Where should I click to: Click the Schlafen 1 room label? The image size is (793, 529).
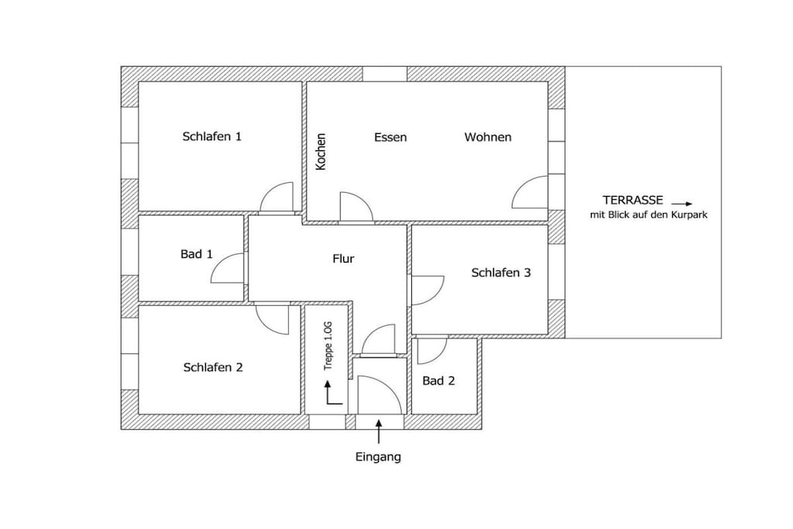(x=212, y=136)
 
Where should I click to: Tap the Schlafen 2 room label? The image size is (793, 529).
(x=213, y=367)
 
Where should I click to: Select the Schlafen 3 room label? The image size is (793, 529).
(x=501, y=273)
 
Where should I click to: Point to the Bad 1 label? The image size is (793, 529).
(x=196, y=254)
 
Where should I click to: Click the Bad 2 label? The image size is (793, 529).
(x=438, y=381)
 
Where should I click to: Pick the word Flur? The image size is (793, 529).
(x=343, y=259)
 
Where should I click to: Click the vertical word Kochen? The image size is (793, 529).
(x=321, y=152)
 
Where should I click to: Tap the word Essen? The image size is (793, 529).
(x=390, y=137)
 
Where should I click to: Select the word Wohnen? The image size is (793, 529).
(x=488, y=137)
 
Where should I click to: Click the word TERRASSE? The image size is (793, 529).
(x=632, y=201)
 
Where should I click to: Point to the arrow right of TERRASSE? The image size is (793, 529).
(x=681, y=204)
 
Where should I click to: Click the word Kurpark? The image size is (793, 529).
(x=689, y=215)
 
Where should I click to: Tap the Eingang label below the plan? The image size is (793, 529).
(x=378, y=457)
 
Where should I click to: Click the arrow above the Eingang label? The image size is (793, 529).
(x=379, y=431)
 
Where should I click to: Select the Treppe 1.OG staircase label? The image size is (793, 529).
(x=328, y=345)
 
